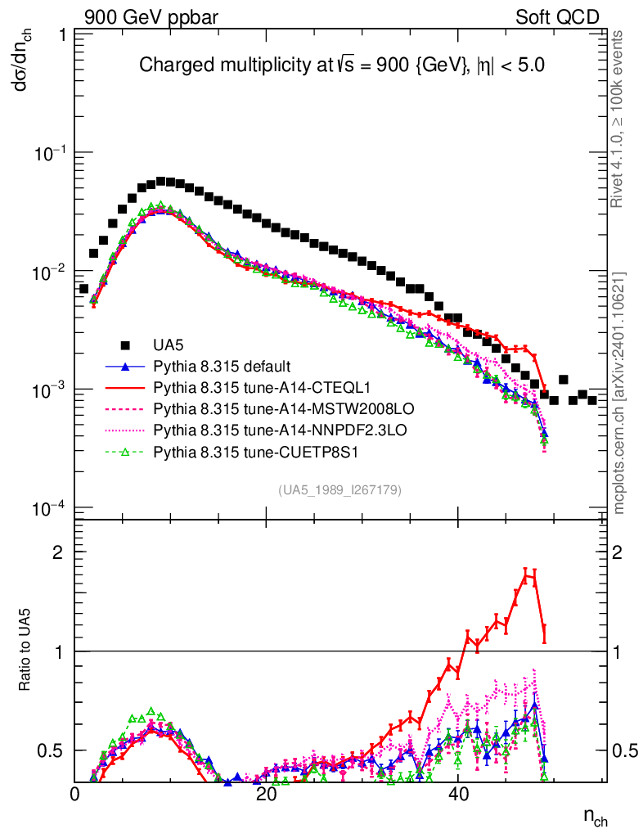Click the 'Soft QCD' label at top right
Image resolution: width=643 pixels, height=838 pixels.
click(556, 17)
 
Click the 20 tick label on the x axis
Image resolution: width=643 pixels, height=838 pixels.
click(267, 794)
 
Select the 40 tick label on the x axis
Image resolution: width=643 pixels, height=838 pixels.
click(458, 794)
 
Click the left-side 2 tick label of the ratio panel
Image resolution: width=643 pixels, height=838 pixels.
click(58, 552)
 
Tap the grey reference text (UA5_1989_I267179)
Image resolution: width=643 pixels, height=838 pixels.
click(340, 490)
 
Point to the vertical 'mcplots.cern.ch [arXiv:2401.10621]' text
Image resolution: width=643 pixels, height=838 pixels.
click(619, 393)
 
